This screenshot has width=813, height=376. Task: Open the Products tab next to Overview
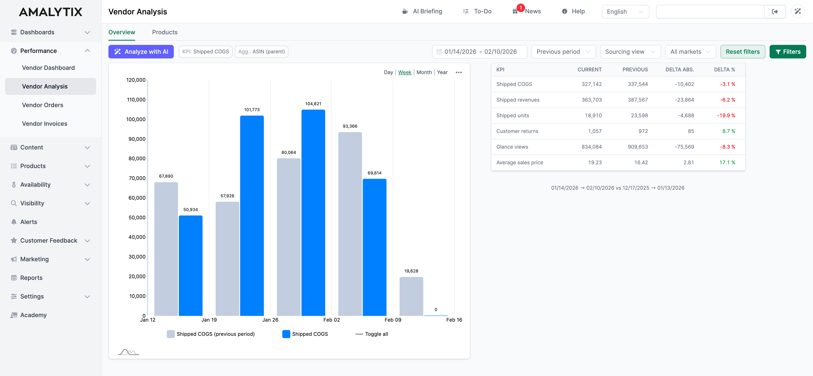(165, 32)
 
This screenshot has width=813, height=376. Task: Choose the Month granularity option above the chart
(424, 72)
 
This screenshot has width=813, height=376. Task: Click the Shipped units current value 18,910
(593, 116)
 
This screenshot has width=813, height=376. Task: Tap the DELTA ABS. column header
(679, 69)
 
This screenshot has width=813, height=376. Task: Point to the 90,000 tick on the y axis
(137, 139)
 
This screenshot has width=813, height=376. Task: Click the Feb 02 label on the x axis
(331, 320)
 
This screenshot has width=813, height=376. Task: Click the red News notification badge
(520, 8)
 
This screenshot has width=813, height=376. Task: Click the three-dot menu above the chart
(459, 72)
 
